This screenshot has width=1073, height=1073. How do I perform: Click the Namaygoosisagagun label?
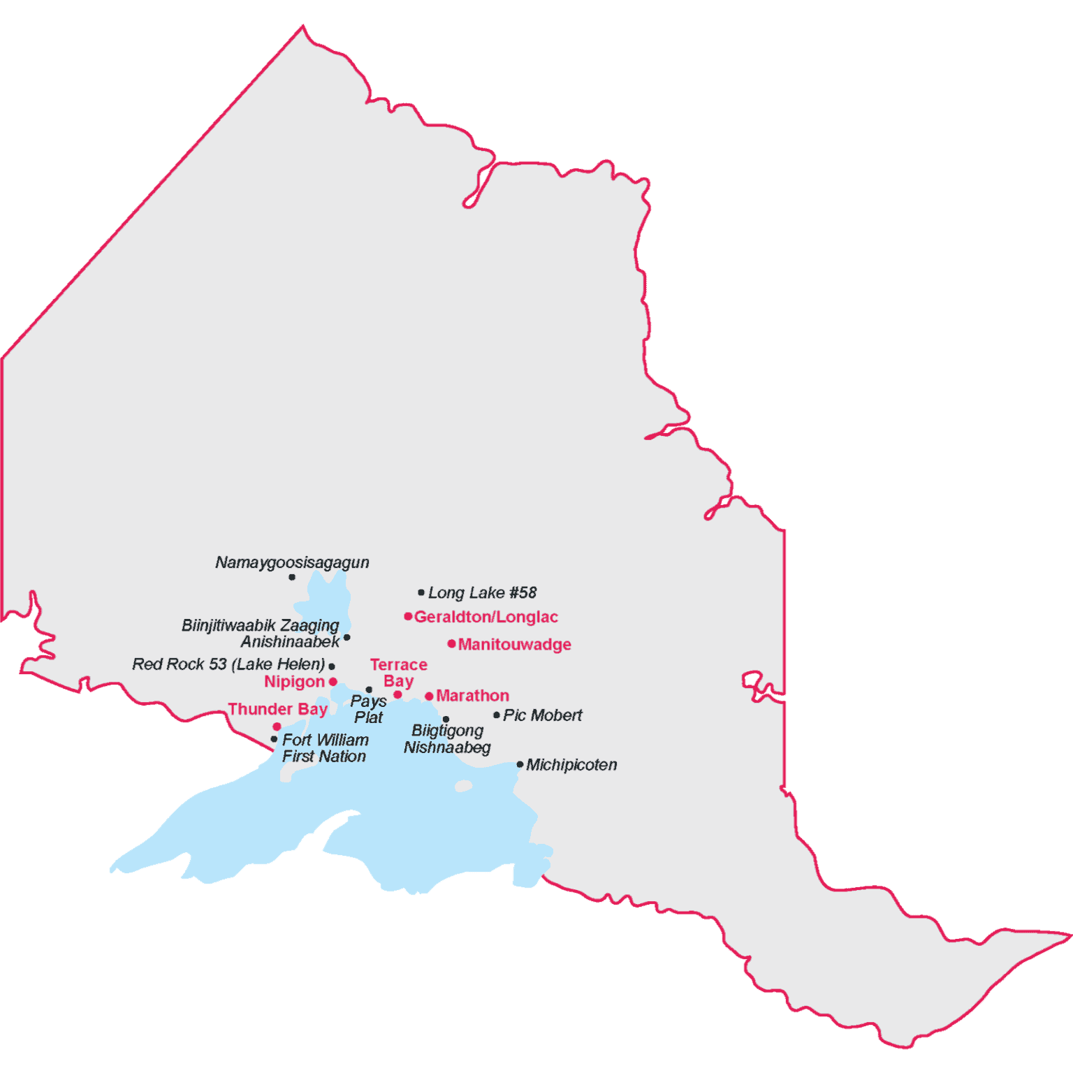tap(292, 562)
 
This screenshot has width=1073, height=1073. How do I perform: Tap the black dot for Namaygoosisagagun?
tap(292, 577)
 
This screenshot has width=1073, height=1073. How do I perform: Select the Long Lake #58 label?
tap(482, 593)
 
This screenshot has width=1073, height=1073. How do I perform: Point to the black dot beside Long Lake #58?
tap(421, 592)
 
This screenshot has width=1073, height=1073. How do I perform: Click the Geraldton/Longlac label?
tap(486, 617)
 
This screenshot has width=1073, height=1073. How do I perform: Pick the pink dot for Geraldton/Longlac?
tap(408, 616)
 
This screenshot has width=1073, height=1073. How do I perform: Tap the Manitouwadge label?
tap(515, 644)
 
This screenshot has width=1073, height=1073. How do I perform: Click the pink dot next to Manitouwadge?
tap(452, 643)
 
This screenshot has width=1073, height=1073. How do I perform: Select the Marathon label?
tap(472, 696)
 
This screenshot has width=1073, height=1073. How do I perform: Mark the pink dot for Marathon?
tap(429, 696)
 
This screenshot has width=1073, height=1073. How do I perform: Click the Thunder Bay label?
tap(277, 709)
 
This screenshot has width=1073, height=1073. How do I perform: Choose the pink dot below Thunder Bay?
tap(277, 727)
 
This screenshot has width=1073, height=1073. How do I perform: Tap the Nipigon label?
tap(294, 682)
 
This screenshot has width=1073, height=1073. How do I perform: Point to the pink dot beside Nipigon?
tap(333, 682)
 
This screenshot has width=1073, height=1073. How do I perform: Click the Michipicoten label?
tap(571, 765)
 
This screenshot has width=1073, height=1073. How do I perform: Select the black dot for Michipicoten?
tap(520, 764)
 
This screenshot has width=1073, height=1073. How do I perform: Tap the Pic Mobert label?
tap(542, 715)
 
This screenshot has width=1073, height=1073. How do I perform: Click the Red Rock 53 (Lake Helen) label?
tap(228, 664)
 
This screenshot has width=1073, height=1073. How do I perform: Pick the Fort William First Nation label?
tap(325, 748)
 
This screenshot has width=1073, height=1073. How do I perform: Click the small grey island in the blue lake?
tap(464, 787)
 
